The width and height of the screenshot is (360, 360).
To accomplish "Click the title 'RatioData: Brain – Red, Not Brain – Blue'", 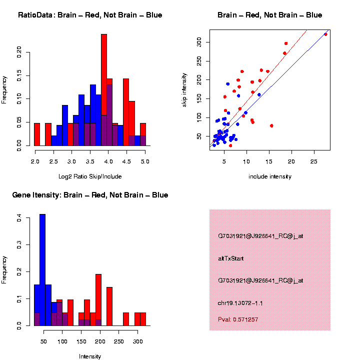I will coord(90,15).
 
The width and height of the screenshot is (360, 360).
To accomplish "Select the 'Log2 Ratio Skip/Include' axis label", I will coord(90,176).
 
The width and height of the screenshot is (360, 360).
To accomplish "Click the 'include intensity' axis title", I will coord(270,176).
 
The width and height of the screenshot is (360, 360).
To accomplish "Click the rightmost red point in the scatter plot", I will coord(325,34).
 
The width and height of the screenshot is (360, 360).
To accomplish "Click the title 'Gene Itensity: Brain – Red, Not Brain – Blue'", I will coord(90,195).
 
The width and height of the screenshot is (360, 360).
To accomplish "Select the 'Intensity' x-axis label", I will coord(90,356).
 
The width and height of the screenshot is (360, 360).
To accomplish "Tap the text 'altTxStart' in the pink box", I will coord(231,258).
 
